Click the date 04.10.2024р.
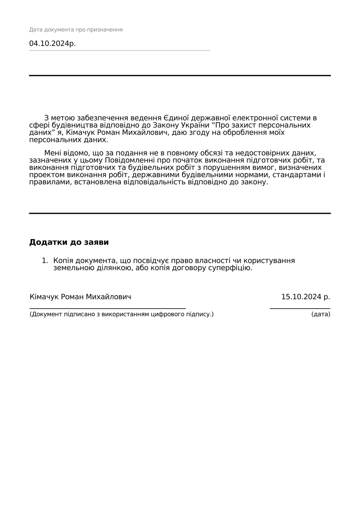[x=52, y=44]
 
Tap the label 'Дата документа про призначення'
[x=76, y=30]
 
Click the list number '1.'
[x=45, y=260]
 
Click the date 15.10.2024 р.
[x=305, y=297]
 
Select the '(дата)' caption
[x=321, y=314]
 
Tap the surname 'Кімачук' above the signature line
[x=44, y=297]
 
